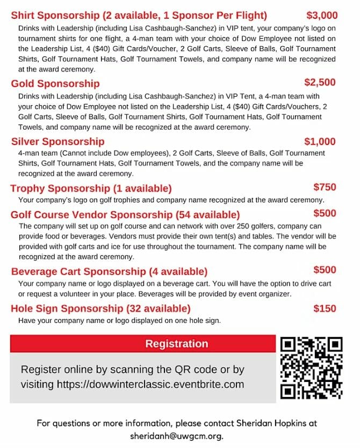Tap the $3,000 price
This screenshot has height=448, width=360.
[x=322, y=15]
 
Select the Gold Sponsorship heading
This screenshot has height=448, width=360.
[x=55, y=83]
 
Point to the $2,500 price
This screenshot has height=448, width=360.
[x=320, y=82]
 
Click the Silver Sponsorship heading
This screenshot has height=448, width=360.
[x=57, y=141]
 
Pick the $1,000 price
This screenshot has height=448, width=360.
[x=320, y=141]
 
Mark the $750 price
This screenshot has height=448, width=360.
[x=325, y=187]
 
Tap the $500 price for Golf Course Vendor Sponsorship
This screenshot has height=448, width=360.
[x=325, y=213]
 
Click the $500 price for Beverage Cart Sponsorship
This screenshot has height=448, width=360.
[x=325, y=270]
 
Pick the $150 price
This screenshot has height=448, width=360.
[x=325, y=308]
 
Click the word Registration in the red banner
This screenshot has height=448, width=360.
[x=176, y=344]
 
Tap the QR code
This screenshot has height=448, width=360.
[x=312, y=368]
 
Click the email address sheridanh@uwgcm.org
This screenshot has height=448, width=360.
[x=176, y=436]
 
